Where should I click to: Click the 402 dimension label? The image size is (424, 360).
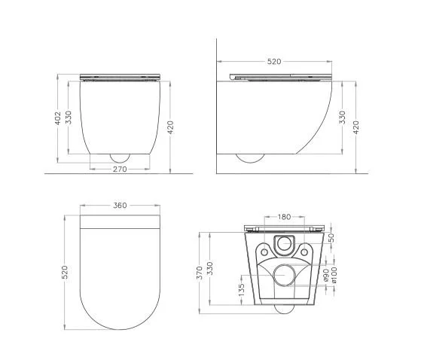click(58, 118)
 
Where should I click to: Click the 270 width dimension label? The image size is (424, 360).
click(120, 169)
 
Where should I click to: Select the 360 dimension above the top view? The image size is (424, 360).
click(120, 206)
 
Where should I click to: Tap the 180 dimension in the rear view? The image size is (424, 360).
click(284, 217)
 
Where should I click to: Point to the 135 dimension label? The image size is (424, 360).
click(242, 289)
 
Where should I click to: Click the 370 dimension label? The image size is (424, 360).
click(200, 273)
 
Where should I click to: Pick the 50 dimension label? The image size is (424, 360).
click(331, 237)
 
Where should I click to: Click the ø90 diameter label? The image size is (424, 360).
click(326, 275)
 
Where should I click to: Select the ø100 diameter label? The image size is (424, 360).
click(334, 275)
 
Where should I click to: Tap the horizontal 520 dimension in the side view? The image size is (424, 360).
click(274, 62)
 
